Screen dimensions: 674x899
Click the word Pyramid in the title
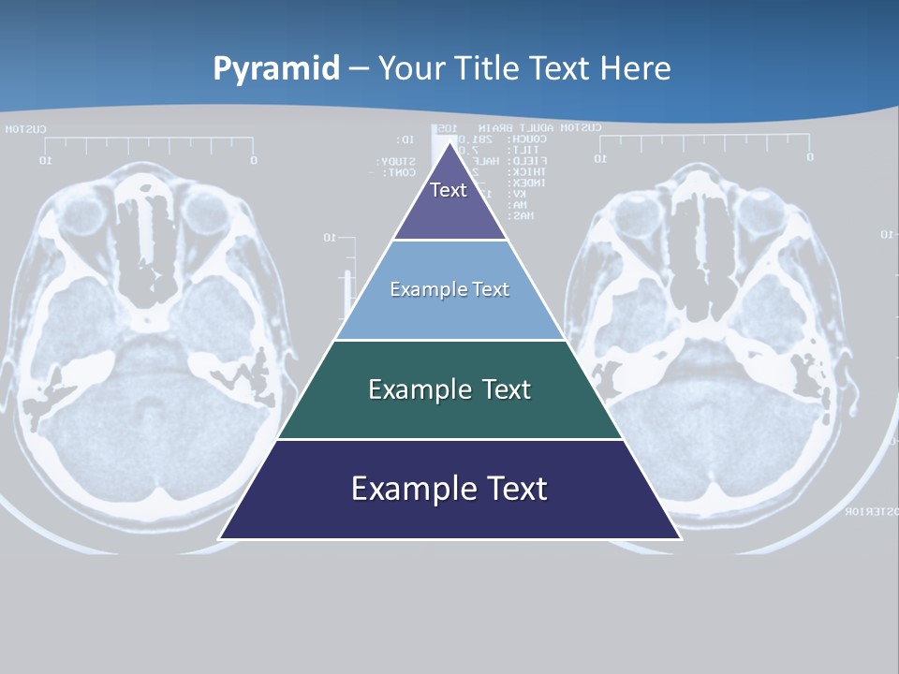click(276, 69)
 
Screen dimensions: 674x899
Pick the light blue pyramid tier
click(449, 290)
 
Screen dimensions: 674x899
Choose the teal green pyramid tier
click(449, 389)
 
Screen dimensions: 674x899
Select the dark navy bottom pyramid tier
click(449, 490)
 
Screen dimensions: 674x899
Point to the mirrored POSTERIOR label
click(871, 512)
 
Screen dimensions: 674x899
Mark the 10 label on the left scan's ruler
click(44, 161)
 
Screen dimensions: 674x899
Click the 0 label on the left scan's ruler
click(253, 161)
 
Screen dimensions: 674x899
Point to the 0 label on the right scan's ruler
click(809, 157)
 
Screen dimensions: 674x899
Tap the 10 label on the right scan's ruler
click(600, 158)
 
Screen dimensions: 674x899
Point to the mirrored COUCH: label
click(522, 139)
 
